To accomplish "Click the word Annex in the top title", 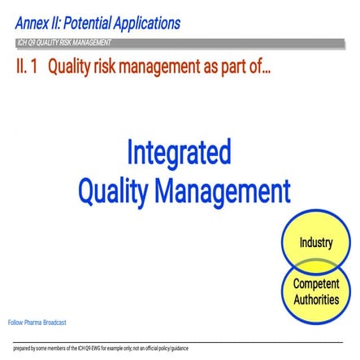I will (32, 24).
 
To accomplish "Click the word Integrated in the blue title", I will (178, 154).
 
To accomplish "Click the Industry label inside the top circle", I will (315, 242).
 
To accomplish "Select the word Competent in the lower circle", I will (316, 284).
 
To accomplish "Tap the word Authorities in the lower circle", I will (316, 299).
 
